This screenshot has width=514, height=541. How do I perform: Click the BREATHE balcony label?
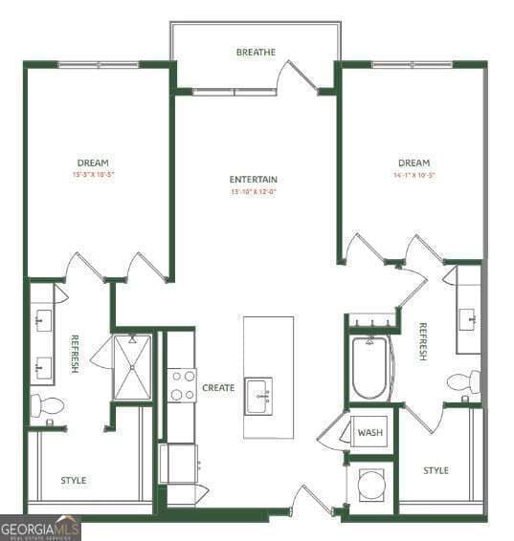256,52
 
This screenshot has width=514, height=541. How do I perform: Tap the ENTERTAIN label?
254,180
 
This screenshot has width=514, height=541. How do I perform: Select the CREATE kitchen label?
218,388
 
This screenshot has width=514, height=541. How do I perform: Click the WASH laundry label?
369,433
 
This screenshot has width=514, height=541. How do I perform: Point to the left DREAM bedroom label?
93,162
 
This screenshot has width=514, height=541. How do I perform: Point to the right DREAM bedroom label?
413,162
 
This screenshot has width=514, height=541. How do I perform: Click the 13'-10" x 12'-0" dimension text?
254,192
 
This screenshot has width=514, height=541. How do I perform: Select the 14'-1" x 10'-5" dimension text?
413,175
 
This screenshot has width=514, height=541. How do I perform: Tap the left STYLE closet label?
74,480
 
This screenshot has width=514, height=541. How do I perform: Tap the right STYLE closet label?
436,470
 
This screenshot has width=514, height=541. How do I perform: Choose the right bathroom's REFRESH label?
421,342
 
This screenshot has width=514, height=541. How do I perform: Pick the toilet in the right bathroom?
464,382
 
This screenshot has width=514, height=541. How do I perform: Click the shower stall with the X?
132,366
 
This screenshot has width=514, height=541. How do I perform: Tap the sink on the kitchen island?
258,394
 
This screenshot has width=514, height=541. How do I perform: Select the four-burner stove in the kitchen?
182,384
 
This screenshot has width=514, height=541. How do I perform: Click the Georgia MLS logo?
40,528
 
